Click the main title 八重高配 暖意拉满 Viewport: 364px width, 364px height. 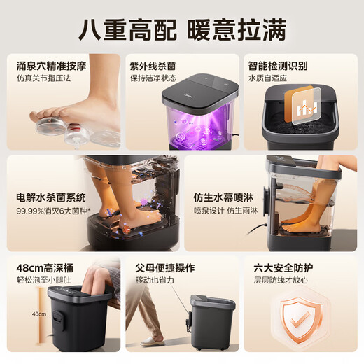pyautogui.click(x=182, y=30)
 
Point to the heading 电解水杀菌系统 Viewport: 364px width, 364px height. pyautogui.click(x=52, y=197)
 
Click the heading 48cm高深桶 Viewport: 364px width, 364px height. pyautogui.click(x=44, y=268)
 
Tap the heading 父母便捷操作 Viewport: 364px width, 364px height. pyautogui.click(x=166, y=268)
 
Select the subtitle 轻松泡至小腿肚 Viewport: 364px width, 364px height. pyautogui.click(x=44, y=281)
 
